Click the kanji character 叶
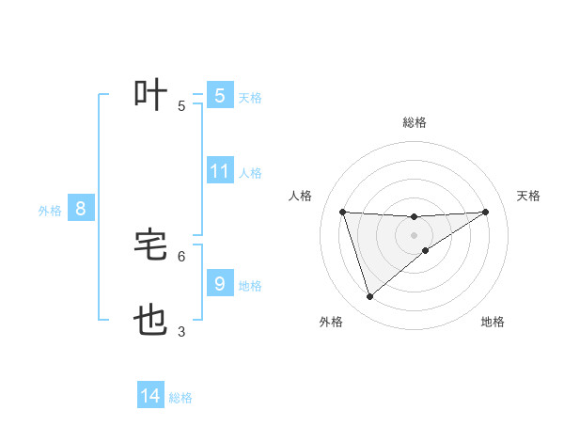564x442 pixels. [x=151, y=95]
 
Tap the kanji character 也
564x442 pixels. [x=151, y=322]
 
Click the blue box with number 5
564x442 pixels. [x=220, y=95]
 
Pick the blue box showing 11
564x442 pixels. [x=220, y=171]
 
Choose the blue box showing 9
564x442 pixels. [x=220, y=283]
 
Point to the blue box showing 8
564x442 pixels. [x=81, y=209]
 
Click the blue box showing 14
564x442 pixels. [x=150, y=396]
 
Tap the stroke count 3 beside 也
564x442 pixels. [x=181, y=331]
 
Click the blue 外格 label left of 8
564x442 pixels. [x=50, y=211]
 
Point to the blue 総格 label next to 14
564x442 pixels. [x=180, y=398]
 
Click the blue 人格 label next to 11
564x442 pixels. [x=250, y=173]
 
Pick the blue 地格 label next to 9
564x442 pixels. [x=250, y=285]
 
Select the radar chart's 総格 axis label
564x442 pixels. [x=415, y=122]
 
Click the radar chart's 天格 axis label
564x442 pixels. [x=529, y=196]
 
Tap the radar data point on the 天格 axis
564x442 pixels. [x=486, y=212]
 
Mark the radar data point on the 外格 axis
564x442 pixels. [x=369, y=297]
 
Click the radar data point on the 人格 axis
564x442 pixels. [x=343, y=212]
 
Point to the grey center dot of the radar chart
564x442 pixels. [x=415, y=235]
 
